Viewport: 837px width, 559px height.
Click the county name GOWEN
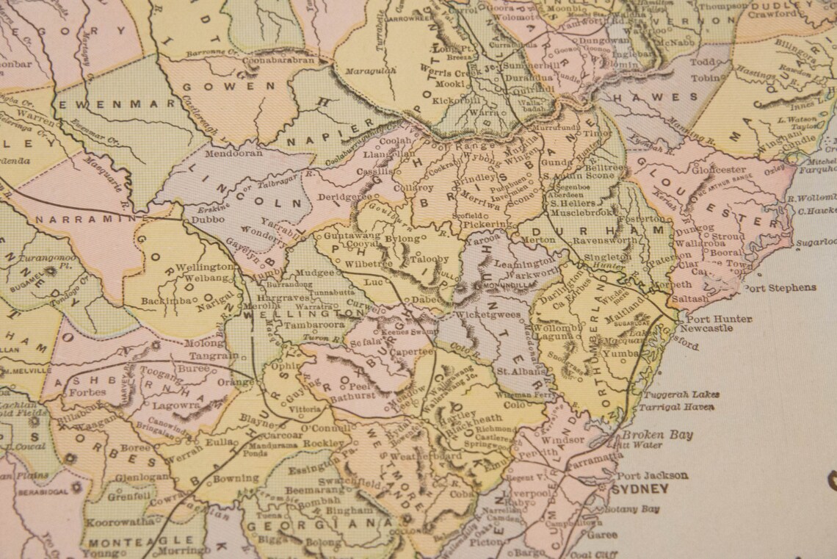click(218, 86)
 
